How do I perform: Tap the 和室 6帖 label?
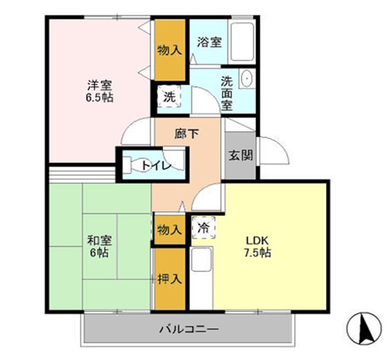[x=98, y=247]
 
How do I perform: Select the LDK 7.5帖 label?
[x=258, y=246]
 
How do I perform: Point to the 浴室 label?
[x=210, y=42]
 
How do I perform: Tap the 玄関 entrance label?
[x=240, y=156]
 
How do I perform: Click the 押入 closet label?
[x=169, y=277]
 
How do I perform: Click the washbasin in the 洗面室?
[x=246, y=79]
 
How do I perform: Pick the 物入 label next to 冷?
[x=169, y=229]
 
